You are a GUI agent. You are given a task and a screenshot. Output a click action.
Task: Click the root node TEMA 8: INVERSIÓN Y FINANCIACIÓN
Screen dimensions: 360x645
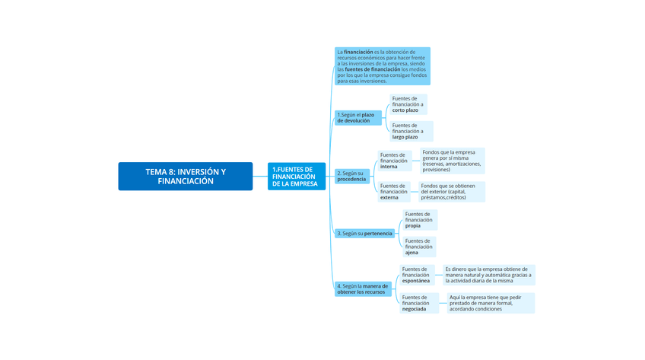(x=185, y=177)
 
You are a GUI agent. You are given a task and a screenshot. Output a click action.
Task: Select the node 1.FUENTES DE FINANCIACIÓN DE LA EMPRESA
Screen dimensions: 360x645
(x=296, y=177)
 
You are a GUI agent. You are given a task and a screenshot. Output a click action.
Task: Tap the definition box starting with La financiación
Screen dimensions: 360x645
(x=382, y=66)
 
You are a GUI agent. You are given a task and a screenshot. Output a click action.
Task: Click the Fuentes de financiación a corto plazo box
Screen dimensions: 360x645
(x=408, y=104)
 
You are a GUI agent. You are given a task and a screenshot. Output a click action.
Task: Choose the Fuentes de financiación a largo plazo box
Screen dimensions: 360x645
(x=410, y=131)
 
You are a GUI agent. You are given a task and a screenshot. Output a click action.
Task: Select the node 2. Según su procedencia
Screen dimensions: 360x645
(x=352, y=176)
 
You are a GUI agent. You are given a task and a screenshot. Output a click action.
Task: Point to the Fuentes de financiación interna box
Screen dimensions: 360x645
(x=395, y=161)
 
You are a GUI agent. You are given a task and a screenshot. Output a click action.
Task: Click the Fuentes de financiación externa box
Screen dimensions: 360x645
(x=395, y=192)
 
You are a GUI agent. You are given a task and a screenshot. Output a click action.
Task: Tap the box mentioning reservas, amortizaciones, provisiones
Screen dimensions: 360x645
(x=453, y=161)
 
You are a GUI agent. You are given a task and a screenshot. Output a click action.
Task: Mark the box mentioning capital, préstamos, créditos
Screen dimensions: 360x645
(x=452, y=192)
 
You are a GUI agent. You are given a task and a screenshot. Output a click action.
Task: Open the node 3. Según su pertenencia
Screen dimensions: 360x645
(x=365, y=234)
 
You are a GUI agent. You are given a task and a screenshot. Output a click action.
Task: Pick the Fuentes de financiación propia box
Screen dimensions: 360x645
(x=419, y=220)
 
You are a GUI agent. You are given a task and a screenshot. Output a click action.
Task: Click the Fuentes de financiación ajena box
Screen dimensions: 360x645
(x=419, y=247)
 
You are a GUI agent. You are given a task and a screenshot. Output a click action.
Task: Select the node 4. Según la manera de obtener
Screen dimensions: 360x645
(x=363, y=289)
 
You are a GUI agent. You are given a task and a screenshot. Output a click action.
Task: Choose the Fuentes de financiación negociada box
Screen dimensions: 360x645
(x=419, y=303)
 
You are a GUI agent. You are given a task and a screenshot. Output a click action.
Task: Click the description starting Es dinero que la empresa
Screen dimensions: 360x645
(x=488, y=275)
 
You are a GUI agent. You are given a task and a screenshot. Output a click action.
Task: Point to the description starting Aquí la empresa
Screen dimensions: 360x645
(x=491, y=303)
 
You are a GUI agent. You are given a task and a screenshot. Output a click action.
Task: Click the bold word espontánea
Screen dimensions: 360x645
(x=416, y=281)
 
